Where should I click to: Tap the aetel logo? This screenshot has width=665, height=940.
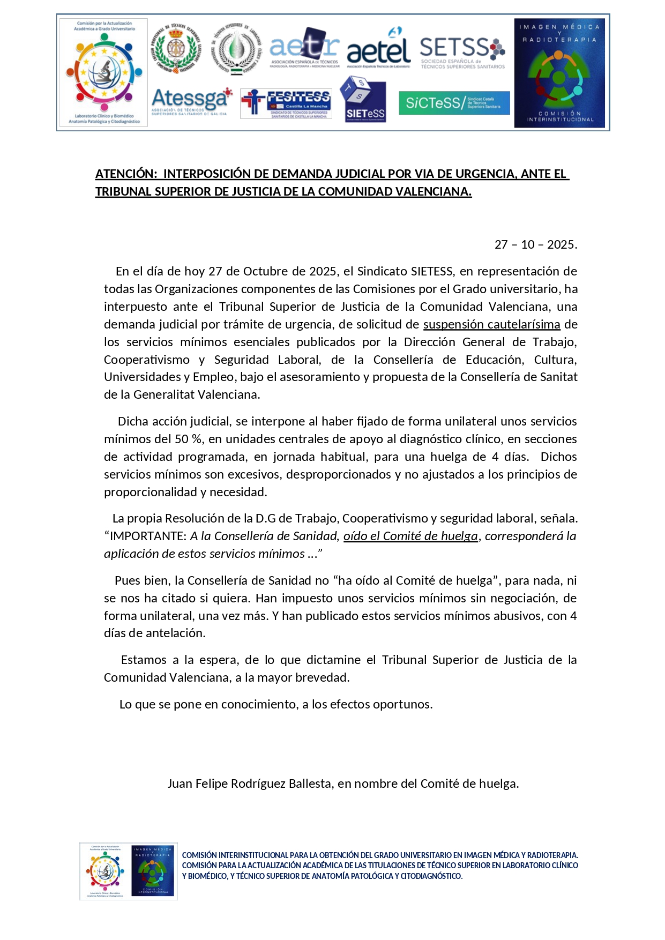point(378,49)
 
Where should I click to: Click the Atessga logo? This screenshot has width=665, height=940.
point(191,101)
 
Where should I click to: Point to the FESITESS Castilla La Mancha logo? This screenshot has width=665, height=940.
point(286,103)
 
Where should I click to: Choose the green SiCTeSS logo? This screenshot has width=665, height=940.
point(454,103)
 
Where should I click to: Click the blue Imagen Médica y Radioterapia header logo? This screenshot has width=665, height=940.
point(559,73)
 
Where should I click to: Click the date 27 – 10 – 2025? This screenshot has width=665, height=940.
point(535,245)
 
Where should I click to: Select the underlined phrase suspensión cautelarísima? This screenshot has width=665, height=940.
point(491,324)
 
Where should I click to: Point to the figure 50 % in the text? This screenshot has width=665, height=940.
point(189,439)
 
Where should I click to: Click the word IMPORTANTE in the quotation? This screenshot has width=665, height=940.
point(148,536)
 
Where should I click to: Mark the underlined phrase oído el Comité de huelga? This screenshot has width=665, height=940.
point(410,536)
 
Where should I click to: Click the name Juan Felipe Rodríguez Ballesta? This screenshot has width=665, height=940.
point(249,784)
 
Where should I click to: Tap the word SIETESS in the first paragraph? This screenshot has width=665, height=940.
point(431,271)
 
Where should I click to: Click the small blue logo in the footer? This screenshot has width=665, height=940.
point(153,871)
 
